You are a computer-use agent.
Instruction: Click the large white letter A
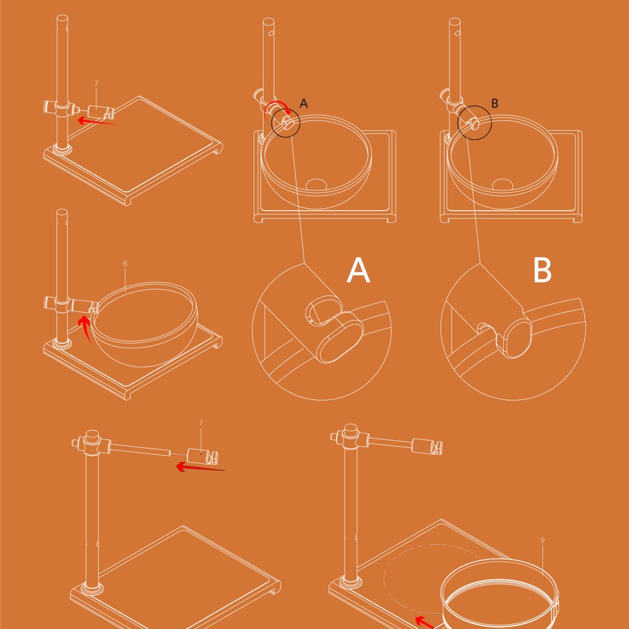click(x=358, y=270)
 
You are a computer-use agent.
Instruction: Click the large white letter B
click(x=542, y=270)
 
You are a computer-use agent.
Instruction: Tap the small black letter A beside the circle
click(x=303, y=103)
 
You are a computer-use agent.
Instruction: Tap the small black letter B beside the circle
click(x=494, y=103)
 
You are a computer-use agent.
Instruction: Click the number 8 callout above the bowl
click(x=125, y=264)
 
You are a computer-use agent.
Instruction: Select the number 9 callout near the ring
click(x=543, y=541)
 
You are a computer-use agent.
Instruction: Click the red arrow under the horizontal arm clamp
click(x=200, y=467)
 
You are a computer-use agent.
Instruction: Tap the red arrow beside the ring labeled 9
click(x=424, y=622)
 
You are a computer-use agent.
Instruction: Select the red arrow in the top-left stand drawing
click(x=97, y=121)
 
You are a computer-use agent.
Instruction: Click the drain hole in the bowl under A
click(x=316, y=184)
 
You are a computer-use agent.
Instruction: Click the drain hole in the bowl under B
click(x=502, y=184)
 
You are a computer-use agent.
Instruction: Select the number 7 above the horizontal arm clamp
click(x=201, y=423)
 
